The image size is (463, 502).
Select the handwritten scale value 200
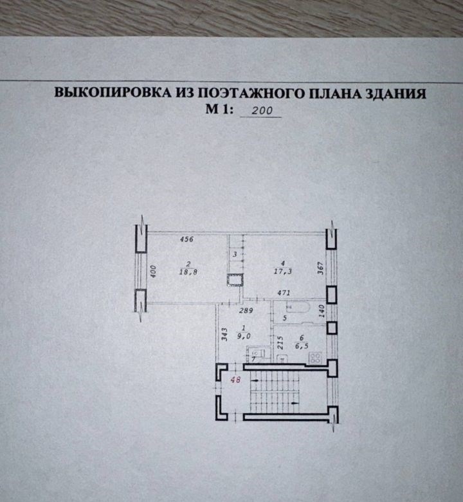[x=262, y=111]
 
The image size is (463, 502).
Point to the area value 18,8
[x=188, y=272]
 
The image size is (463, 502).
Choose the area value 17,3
[x=282, y=272]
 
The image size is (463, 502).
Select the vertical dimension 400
[x=154, y=272]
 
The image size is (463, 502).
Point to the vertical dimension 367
[x=320, y=265]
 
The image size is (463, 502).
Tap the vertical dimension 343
[x=223, y=335]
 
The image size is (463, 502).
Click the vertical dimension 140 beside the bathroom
[x=320, y=313]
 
